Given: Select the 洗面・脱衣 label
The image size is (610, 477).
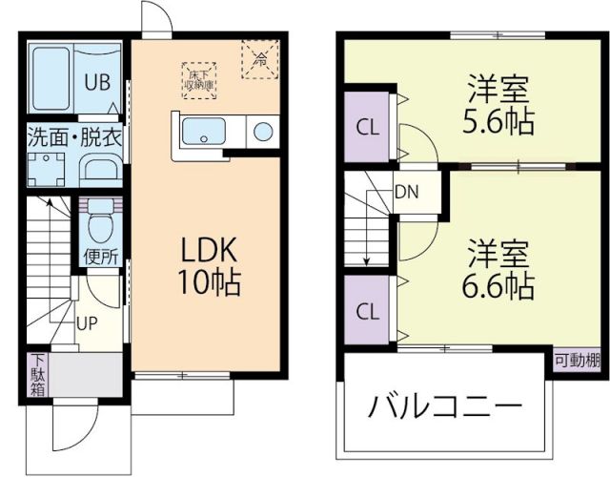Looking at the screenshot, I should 74,136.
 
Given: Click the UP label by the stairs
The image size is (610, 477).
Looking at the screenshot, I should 87,323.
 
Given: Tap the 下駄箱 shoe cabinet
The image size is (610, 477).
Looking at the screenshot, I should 37,375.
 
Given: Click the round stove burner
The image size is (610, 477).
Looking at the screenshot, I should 262,132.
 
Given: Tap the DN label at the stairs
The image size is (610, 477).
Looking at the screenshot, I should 407,191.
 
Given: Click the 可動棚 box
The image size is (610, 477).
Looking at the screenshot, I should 578,361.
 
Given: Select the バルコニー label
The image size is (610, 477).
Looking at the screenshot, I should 446,408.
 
